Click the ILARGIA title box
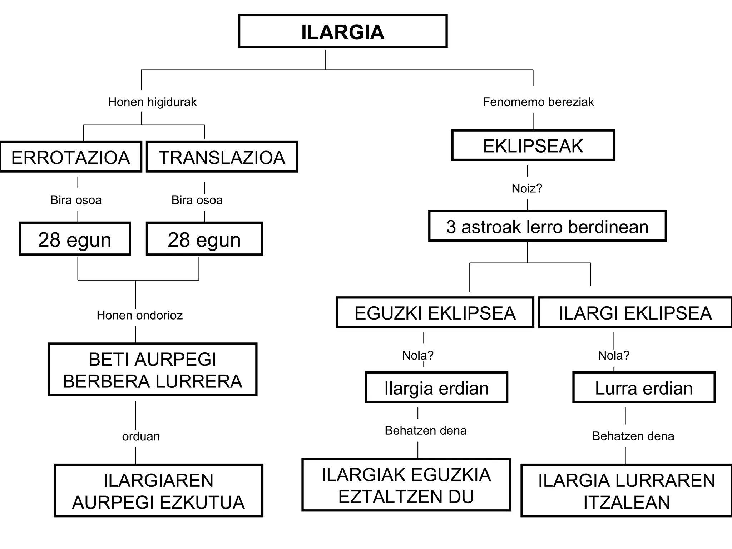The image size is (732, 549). click(x=342, y=31)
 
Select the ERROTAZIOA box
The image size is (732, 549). click(x=71, y=157)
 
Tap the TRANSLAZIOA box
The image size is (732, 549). click(x=222, y=157)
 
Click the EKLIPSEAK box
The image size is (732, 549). click(x=533, y=145)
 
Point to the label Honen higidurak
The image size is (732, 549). click(x=152, y=102)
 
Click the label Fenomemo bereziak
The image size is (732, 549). click(x=538, y=102)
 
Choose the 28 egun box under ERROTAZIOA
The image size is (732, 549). click(x=75, y=239)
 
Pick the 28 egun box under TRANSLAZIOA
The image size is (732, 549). click(x=204, y=239)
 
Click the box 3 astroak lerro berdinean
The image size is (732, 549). click(x=547, y=227)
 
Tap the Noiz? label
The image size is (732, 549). click(x=527, y=188)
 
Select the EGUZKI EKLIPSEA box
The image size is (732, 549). click(x=435, y=313)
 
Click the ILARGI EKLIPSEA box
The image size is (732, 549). click(x=635, y=313)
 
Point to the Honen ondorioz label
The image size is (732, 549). click(x=139, y=315)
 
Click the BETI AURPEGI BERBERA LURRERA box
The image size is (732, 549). click(x=153, y=370)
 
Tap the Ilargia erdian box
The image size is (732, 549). click(x=436, y=388)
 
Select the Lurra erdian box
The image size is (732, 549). click(x=644, y=388)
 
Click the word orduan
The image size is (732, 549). click(x=141, y=436)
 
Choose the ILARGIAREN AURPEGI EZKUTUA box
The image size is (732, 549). click(x=158, y=491)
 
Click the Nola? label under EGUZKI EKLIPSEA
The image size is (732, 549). click(x=417, y=355)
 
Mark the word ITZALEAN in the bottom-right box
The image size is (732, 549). click(x=627, y=502)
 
